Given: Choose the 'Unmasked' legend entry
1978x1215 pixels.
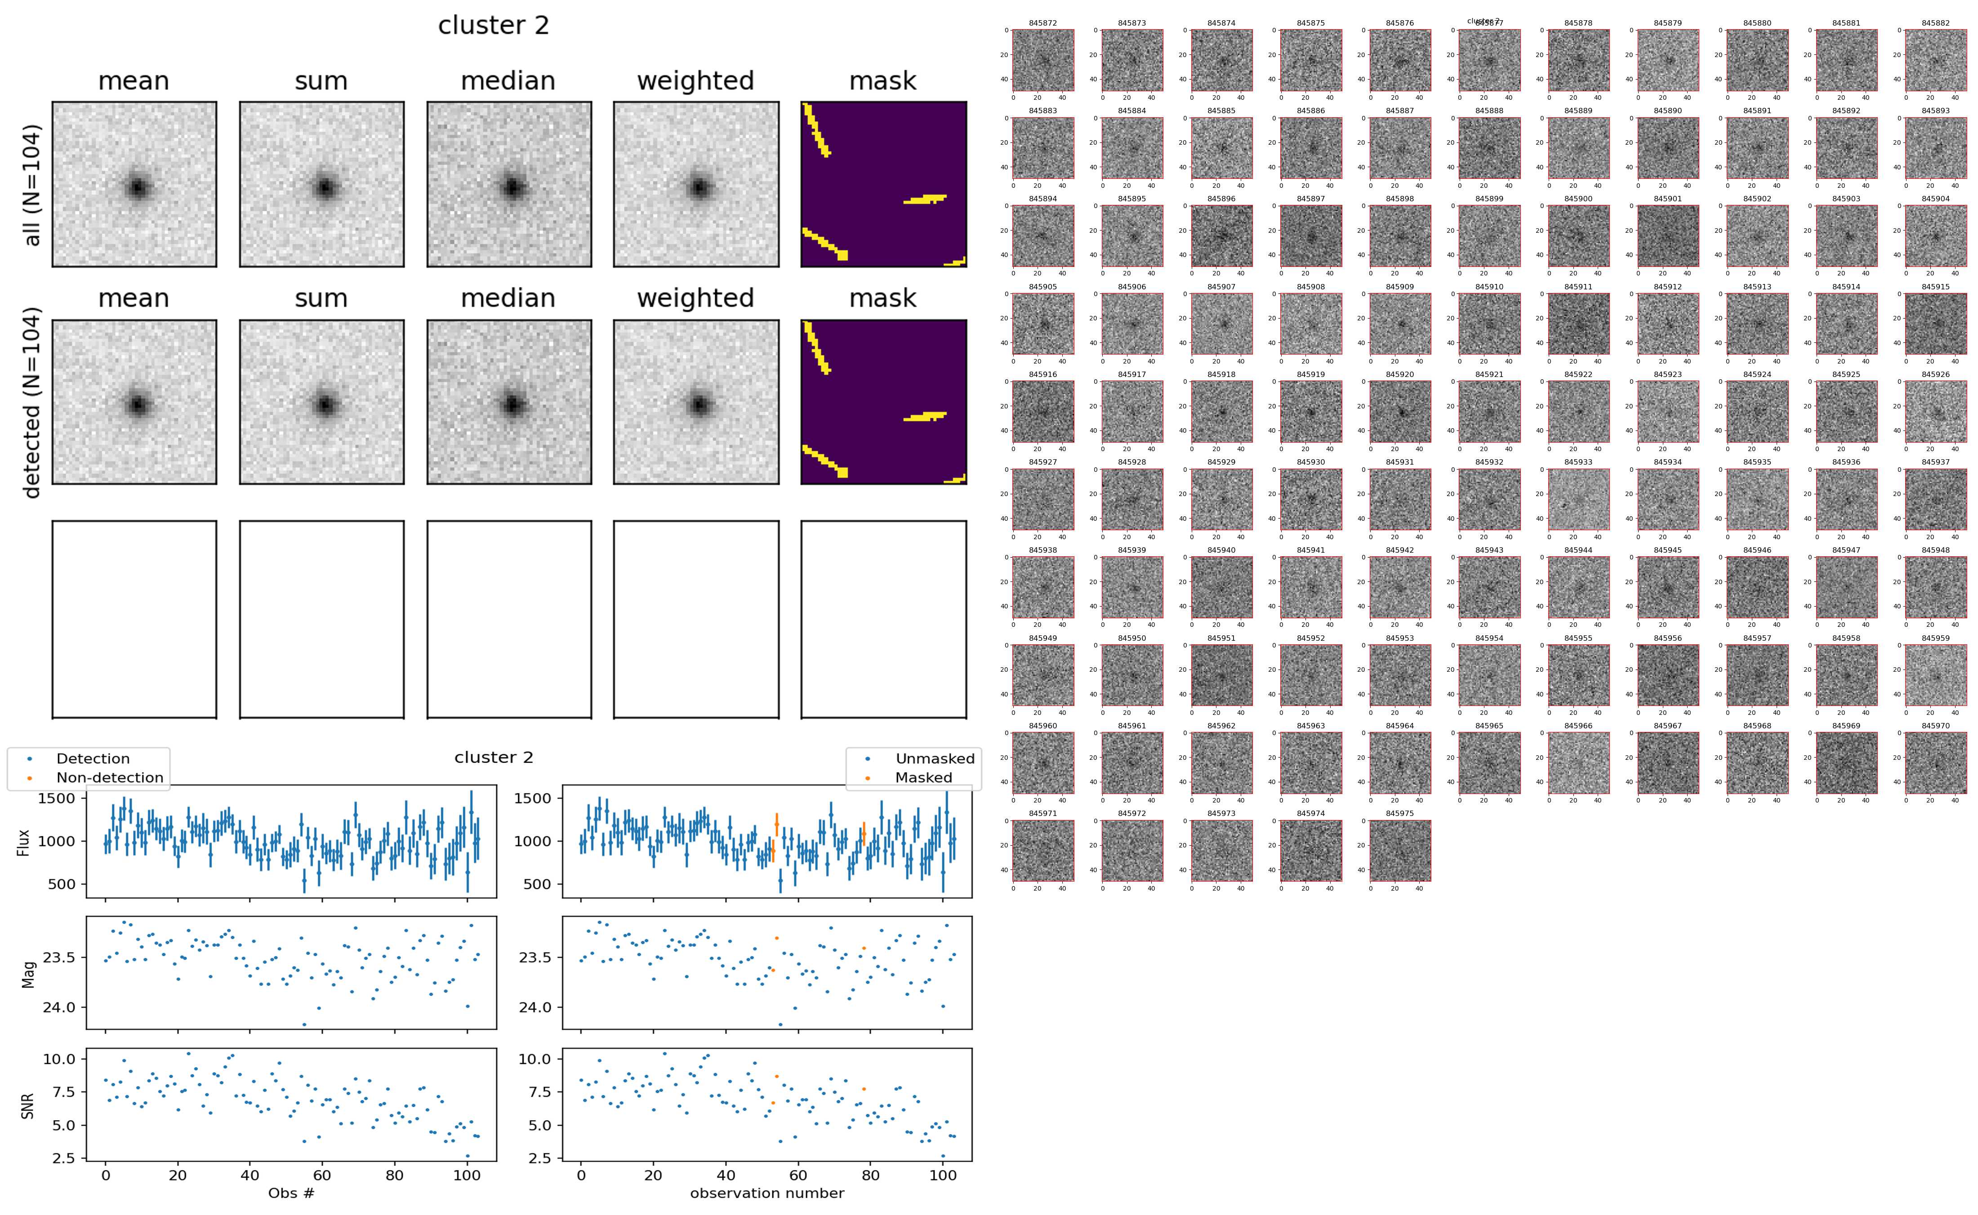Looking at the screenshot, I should [935, 758].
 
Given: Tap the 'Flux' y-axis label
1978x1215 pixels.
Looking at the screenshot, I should [23, 841].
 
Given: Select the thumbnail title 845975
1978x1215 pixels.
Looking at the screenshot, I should [1399, 813].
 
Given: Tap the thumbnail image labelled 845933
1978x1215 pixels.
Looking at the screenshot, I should [1578, 499].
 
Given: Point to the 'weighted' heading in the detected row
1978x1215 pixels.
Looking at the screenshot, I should [695, 298].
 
